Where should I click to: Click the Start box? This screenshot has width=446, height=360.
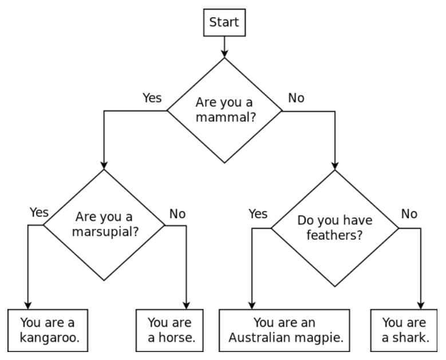[224, 22]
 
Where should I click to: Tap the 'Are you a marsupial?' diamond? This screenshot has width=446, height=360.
[104, 225]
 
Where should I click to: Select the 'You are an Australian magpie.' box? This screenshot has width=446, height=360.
[285, 330]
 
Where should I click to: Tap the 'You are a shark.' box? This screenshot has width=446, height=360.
[405, 330]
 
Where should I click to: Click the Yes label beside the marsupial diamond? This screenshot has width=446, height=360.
[39, 212]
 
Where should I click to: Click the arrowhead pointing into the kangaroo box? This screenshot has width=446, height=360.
[27, 305]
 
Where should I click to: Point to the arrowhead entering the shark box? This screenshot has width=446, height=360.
[422, 305]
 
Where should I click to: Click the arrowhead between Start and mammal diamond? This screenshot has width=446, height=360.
[224, 52]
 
